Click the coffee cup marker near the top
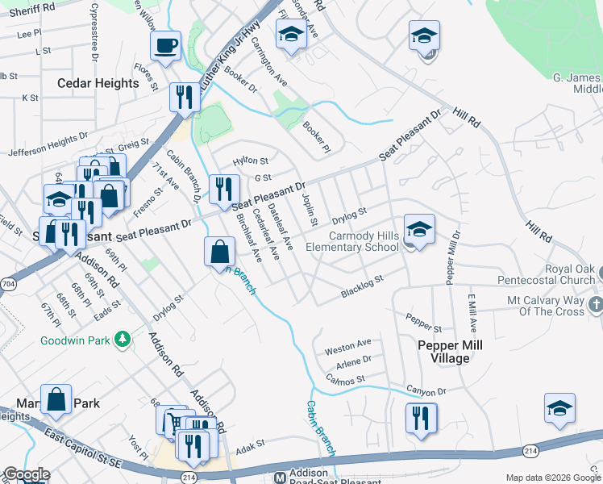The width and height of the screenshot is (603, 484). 166,46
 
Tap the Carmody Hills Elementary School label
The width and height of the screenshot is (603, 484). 354,241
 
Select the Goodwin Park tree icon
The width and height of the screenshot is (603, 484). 123,340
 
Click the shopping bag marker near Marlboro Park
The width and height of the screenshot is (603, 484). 56,399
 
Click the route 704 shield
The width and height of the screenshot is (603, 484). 6,284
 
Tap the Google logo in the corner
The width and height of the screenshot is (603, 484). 26,474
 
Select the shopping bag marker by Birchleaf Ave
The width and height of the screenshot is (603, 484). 219,252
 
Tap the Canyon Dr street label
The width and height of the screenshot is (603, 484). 426,391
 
